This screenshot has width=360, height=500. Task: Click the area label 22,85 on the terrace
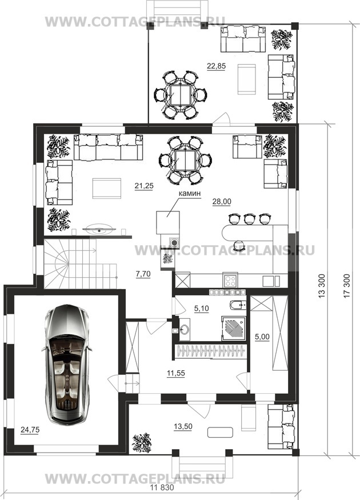point(216,66)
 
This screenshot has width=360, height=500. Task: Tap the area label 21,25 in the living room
point(144,186)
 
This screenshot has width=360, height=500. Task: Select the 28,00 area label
point(222,202)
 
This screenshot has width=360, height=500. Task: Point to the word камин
point(189,193)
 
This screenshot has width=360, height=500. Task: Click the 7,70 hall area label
point(143,274)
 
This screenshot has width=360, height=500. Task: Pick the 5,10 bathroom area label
point(202,308)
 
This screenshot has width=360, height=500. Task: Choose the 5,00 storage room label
point(262,337)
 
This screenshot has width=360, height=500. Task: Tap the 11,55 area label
point(176,373)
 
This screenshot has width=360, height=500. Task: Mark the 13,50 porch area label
point(183,426)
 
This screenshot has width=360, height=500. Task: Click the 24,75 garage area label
point(30,430)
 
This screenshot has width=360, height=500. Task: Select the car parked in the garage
point(67,365)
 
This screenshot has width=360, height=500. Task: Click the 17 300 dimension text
point(347,286)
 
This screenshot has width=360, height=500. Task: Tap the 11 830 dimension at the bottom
point(162,488)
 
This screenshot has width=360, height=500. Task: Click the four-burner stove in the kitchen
point(230,281)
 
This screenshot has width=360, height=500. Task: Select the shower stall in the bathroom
point(234,329)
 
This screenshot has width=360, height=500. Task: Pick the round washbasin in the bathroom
point(185,329)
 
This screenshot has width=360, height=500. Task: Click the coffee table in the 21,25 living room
point(107,189)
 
